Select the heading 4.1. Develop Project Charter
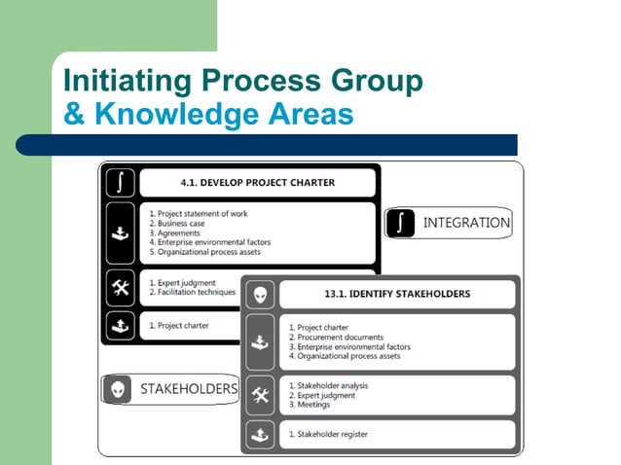[258, 183]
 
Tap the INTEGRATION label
[466, 223]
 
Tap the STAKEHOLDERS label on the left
[188, 389]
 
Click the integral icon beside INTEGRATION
[401, 223]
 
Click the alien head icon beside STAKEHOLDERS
[118, 389]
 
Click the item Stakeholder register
[328, 434]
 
